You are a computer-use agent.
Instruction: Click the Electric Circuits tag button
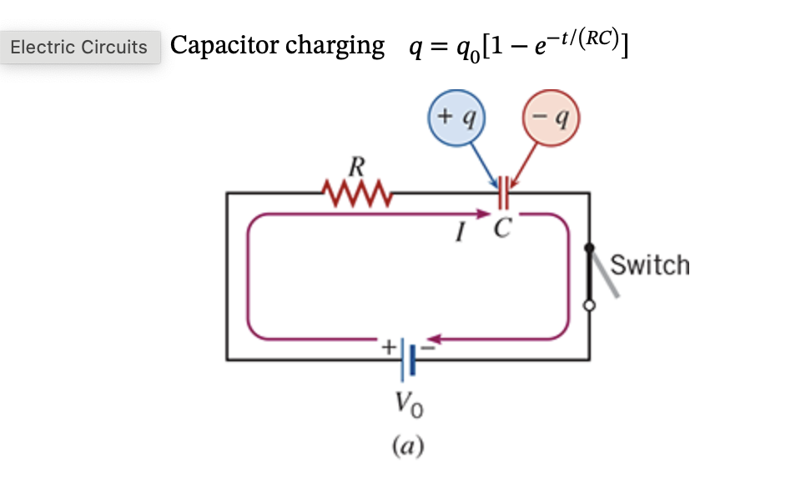click(x=79, y=48)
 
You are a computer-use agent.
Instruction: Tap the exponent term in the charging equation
click(x=577, y=36)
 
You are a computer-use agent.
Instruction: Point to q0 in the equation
click(x=464, y=49)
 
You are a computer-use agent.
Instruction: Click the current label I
click(x=458, y=234)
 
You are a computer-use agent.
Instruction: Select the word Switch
click(x=650, y=265)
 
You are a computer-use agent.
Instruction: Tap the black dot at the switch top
click(x=590, y=248)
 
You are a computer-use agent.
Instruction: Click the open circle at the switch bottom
click(x=590, y=306)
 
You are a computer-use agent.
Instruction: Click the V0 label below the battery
click(x=408, y=408)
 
